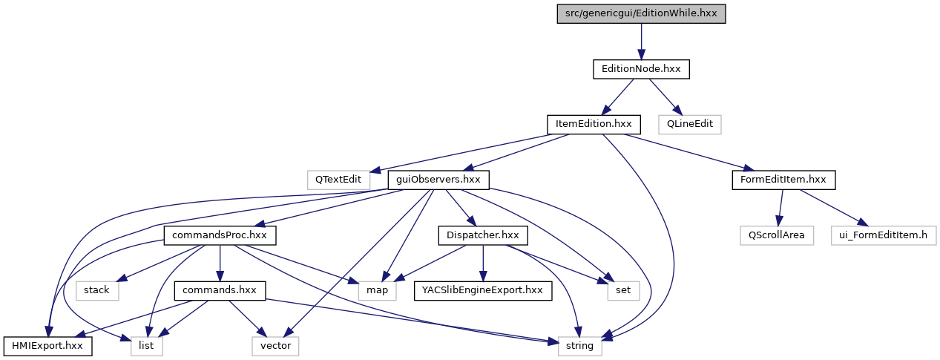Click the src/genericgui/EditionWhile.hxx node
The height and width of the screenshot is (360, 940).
641,13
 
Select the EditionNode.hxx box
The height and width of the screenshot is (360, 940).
641,69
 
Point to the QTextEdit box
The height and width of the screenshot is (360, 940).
338,180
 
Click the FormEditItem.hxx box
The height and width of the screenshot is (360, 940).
783,180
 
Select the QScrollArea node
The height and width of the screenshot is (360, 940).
777,235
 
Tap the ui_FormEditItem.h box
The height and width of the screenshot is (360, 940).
883,235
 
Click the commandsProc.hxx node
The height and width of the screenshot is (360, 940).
220,235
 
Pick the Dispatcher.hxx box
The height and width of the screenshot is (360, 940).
483,235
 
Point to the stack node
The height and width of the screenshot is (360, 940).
96,290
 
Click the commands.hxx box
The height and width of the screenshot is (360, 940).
220,290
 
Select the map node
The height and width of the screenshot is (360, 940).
377,290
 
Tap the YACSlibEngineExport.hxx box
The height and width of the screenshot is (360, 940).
483,290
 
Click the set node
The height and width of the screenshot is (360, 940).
623,290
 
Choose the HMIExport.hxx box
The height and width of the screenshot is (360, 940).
48,345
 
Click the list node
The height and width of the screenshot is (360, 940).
146,345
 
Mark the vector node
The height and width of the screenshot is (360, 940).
275,345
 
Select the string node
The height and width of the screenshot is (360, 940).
579,345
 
